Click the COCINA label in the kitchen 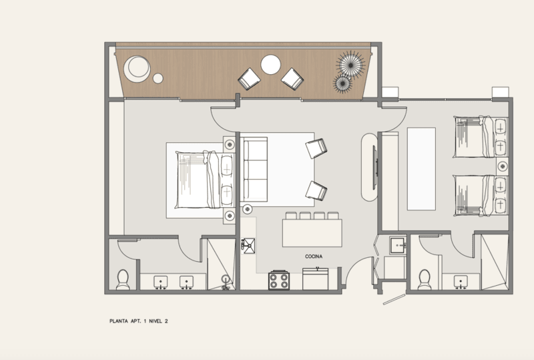pos(314,256)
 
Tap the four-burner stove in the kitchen pos(279,281)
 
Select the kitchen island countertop pos(312,233)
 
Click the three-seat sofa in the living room pos(254,170)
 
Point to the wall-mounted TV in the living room pos(374,168)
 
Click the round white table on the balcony pos(271,64)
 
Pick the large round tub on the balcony pos(137,69)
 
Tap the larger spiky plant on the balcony pos(350,65)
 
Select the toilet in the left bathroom pos(123,280)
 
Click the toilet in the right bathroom pos(425,280)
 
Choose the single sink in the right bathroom pos(461,282)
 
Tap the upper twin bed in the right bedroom pos(481,137)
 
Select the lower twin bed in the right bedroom pos(481,195)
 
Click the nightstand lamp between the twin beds pos(503,166)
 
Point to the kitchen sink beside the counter pos(248,246)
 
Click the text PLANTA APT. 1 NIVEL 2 pos(139,321)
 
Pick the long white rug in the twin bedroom pos(421,169)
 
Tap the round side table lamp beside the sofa pos(247,208)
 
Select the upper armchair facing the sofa pos(316,148)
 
